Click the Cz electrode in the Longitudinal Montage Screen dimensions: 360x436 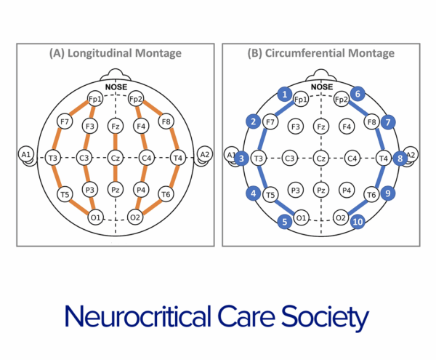116,156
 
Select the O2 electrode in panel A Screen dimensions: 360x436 136,217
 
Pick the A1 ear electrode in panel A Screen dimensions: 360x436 26,154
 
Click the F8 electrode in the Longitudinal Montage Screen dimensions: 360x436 166,121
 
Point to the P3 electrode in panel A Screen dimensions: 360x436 90,190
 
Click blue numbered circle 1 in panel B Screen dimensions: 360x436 286,94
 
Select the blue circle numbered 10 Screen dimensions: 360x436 356,221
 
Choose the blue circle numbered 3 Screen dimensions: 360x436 243,157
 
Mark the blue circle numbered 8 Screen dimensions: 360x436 399,157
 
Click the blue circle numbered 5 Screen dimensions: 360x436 286,221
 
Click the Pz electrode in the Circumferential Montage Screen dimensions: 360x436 320,190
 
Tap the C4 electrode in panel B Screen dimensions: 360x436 352,157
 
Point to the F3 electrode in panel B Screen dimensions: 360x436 296,127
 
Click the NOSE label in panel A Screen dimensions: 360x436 116,87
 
